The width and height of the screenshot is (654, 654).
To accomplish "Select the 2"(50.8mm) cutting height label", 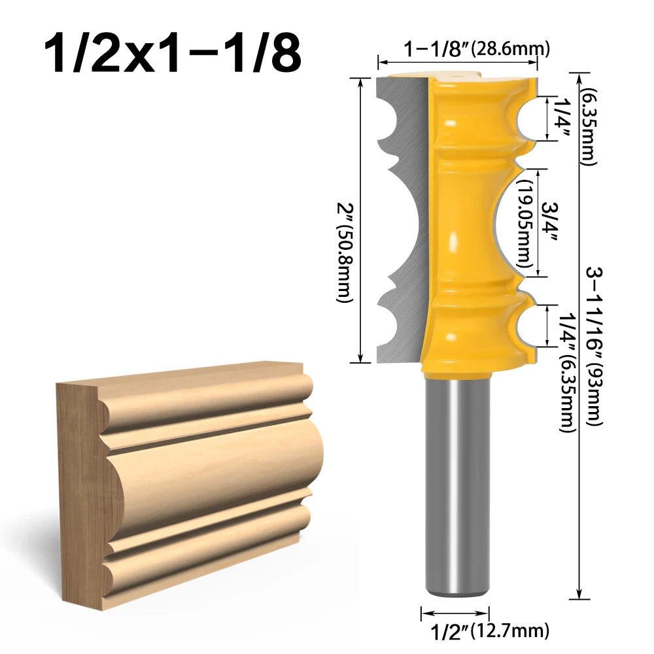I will tap(344, 252).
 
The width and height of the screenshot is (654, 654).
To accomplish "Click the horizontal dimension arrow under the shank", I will tap(455, 613).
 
